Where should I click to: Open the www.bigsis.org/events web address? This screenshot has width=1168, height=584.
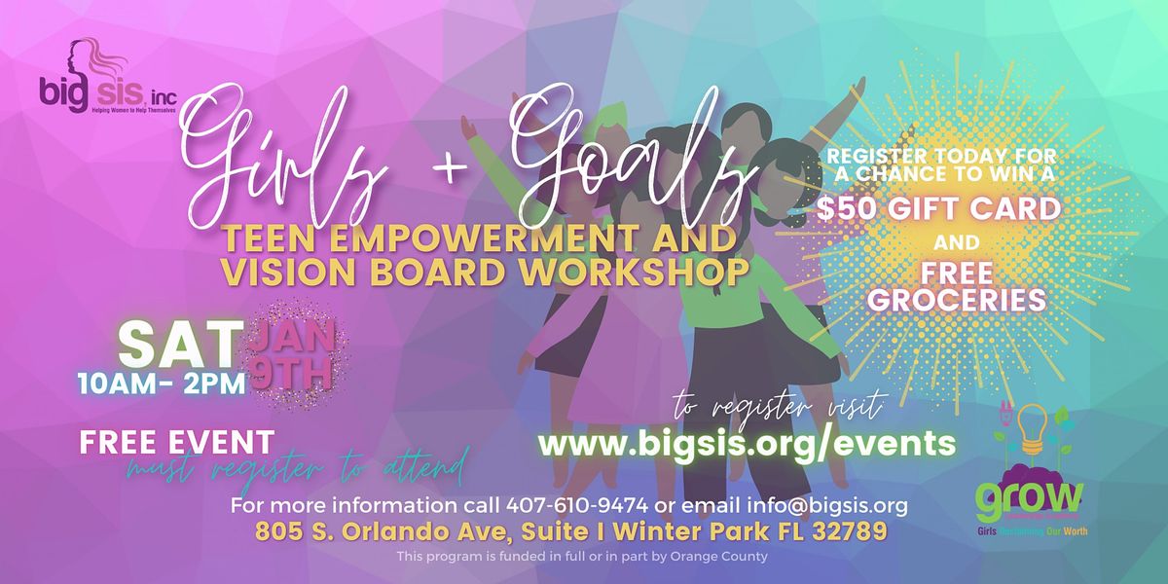747,444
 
